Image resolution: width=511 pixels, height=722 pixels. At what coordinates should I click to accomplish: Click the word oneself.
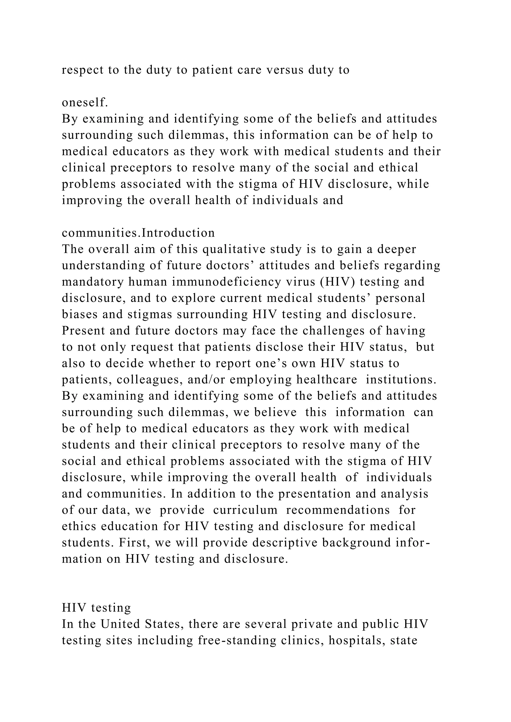point(85,102)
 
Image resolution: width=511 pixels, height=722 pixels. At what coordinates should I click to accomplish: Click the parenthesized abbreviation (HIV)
point(337,282)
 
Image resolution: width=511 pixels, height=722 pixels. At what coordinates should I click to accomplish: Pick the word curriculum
point(246,510)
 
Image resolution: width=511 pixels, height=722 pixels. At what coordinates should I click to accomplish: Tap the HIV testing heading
point(96,608)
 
